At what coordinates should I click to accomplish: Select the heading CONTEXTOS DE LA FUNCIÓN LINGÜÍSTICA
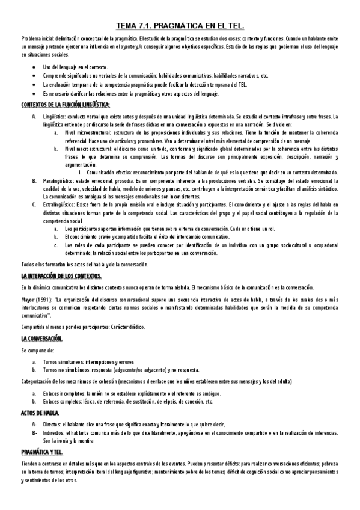(x=65, y=105)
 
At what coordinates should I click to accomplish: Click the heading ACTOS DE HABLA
(x=41, y=414)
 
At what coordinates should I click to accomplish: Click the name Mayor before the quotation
(x=28, y=298)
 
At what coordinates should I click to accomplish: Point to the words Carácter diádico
(x=124, y=327)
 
